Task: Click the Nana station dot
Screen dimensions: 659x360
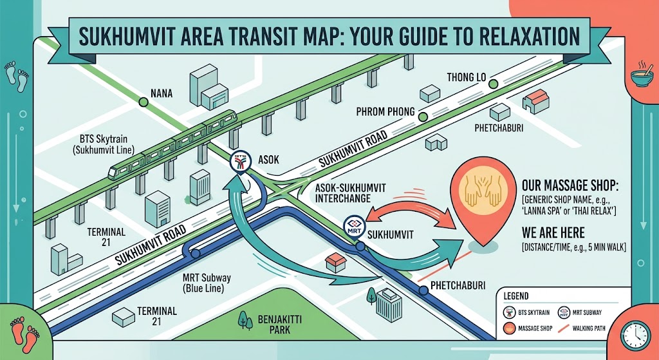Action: pos(144,102)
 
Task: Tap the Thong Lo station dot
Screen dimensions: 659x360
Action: pos(494,84)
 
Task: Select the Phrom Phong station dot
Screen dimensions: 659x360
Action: pos(423,117)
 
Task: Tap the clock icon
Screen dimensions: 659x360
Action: pos(636,335)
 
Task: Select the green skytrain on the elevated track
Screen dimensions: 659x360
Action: pos(172,144)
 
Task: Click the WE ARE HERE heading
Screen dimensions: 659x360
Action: pos(553,233)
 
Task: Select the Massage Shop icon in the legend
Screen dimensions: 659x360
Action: pos(509,328)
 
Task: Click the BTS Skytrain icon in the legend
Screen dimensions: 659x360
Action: pos(509,312)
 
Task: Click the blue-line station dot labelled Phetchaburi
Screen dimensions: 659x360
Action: pos(423,290)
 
